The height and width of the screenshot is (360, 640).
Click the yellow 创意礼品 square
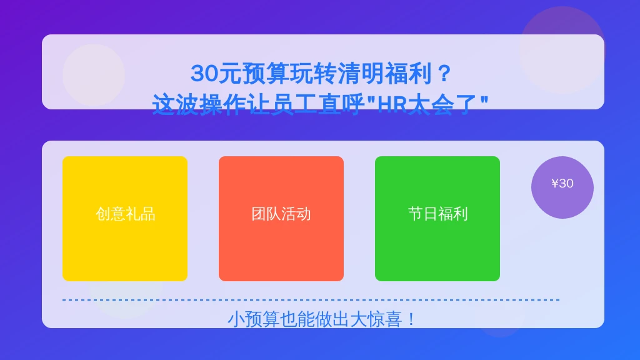coord(125,218)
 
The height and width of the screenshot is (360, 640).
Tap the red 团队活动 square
coord(281,218)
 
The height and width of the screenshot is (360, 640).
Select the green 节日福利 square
coord(437,218)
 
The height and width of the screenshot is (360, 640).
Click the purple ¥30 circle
coord(562,187)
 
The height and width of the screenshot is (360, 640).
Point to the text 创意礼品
coord(125,214)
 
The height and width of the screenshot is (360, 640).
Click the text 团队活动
coord(281,214)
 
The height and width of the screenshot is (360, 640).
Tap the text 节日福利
coord(437,214)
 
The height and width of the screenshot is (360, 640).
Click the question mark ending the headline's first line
coord(443,74)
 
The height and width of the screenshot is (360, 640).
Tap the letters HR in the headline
coord(391,104)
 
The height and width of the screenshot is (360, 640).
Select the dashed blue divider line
coord(311,300)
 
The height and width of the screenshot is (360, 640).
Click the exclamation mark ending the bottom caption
coord(411,319)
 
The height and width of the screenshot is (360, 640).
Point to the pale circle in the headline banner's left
coord(94,76)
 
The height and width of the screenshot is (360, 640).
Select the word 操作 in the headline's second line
coord(223,104)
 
